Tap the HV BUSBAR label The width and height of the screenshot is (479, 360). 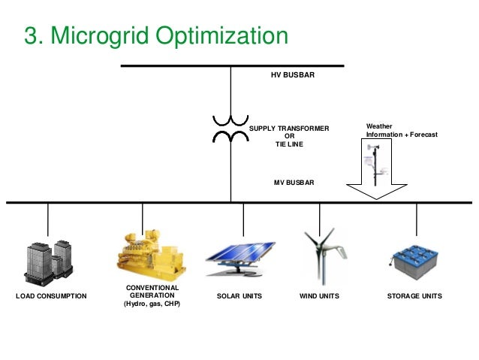(x=292, y=76)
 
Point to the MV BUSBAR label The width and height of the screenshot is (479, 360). (x=292, y=183)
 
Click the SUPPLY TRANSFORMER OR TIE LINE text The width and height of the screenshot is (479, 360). (x=289, y=136)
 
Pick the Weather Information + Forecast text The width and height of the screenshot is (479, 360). (x=401, y=131)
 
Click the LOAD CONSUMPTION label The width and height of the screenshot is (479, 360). (x=51, y=297)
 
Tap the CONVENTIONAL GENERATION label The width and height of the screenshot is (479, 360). (x=152, y=292)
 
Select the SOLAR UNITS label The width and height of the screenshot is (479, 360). (x=239, y=297)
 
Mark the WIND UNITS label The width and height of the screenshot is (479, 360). (x=319, y=297)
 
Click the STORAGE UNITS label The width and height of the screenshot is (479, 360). (x=414, y=297)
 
